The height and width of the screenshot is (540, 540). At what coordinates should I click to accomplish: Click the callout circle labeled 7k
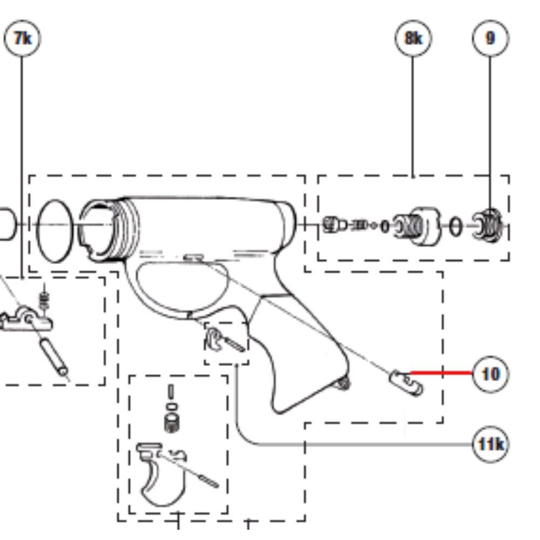22,38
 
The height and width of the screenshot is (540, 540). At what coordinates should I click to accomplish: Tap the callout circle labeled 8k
413,38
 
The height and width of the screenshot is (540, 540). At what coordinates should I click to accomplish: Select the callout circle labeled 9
490,38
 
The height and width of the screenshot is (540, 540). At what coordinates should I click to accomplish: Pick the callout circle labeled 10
490,374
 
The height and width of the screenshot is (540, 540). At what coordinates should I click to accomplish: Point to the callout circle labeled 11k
490,444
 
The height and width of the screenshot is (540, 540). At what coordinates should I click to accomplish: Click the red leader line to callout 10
442,373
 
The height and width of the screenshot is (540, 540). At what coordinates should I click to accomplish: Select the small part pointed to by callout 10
406,383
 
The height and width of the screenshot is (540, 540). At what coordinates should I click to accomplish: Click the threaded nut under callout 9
488,225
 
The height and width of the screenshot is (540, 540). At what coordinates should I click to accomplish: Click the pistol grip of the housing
303,355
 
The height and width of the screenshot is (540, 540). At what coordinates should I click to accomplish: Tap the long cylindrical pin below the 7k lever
55,357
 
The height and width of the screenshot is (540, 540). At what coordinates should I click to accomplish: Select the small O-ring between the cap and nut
455,227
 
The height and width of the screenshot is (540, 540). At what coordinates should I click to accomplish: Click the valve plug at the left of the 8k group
333,225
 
